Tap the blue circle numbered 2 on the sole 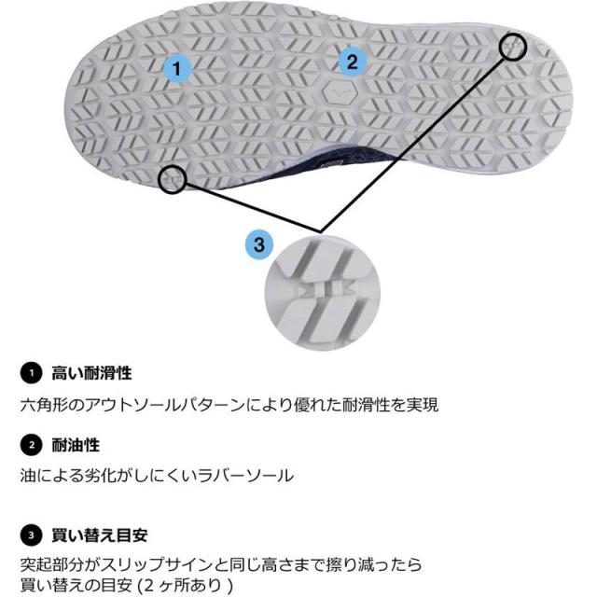click(x=352, y=62)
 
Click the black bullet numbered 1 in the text click(x=30, y=373)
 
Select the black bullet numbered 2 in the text click(x=30, y=445)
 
